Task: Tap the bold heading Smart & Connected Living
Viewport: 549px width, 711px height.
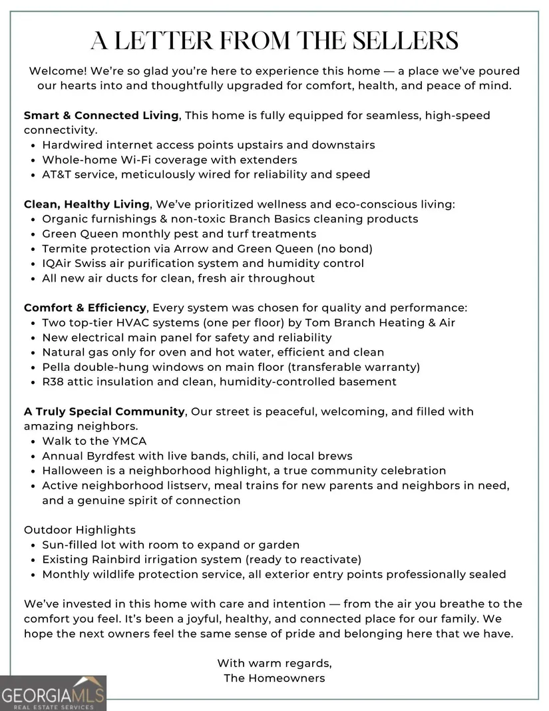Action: (x=101, y=115)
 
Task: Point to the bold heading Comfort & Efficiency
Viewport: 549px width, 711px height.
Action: (x=85, y=308)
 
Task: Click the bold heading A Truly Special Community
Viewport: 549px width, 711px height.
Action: (x=104, y=411)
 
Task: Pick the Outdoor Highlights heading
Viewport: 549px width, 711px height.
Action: (x=80, y=530)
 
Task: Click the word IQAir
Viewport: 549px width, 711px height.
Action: (x=58, y=264)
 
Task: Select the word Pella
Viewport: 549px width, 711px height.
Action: (x=57, y=367)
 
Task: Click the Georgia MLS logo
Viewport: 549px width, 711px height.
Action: (x=53, y=692)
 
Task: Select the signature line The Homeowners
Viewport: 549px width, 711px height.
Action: (x=274, y=678)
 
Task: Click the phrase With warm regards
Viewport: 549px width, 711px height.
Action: (x=274, y=663)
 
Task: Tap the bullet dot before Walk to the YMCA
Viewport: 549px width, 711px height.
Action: (x=33, y=441)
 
